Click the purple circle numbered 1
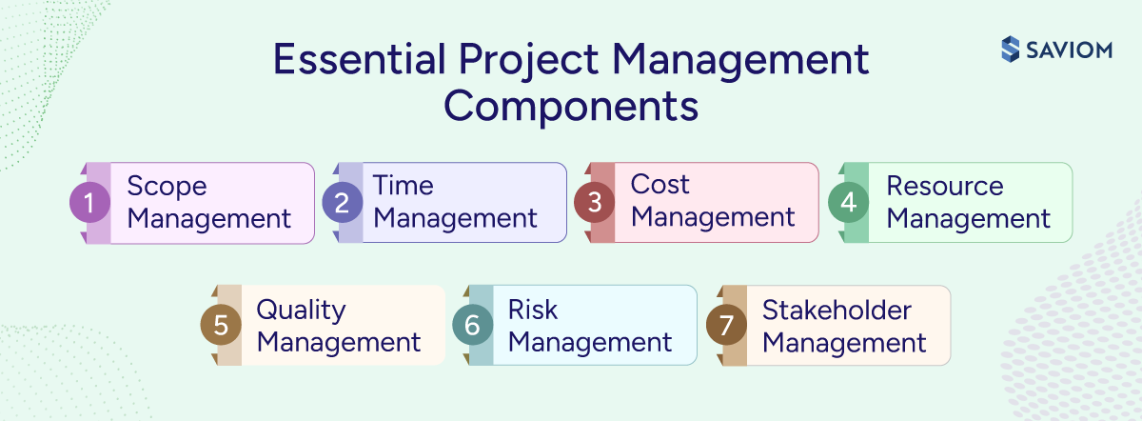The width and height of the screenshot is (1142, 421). point(90,203)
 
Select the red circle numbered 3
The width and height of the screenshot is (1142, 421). point(594,203)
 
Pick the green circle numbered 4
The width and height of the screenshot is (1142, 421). point(848,203)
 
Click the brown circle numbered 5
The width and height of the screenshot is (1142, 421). point(221,326)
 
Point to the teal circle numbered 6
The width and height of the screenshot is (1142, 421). point(472,326)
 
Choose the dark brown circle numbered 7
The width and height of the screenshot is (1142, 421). point(726,326)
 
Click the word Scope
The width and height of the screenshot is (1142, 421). point(167,187)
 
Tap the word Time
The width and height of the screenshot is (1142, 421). point(403,186)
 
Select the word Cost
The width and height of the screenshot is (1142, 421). point(660,185)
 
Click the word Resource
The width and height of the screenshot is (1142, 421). point(944,186)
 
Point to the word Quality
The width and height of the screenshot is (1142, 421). point(301,311)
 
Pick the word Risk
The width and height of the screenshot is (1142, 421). point(533,310)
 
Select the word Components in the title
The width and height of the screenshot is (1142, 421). point(571,105)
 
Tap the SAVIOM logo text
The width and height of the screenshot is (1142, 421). point(1071,50)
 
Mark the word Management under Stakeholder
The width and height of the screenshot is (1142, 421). point(844,342)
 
